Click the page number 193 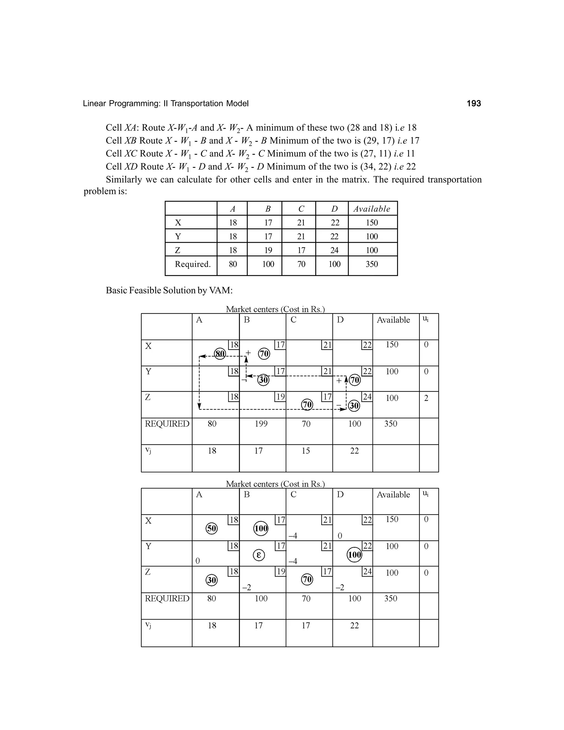pyautogui.click(x=473, y=104)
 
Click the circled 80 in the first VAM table pyautogui.click(x=219, y=354)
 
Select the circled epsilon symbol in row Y pyautogui.click(x=259, y=555)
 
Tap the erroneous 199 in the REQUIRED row pyautogui.click(x=261, y=424)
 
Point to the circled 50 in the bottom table pyautogui.click(x=211, y=528)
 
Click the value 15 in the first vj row pyautogui.click(x=306, y=451)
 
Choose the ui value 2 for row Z pyautogui.click(x=426, y=398)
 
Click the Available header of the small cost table pyautogui.click(x=372, y=209)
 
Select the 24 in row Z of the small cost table pyautogui.click(x=334, y=250)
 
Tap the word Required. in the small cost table pyautogui.click(x=193, y=264)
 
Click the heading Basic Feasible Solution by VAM pyautogui.click(x=169, y=290)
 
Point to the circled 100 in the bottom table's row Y pyautogui.click(x=354, y=555)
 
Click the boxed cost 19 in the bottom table pyautogui.click(x=281, y=572)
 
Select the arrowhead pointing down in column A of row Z pyautogui.click(x=199, y=407)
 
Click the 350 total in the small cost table pyautogui.click(x=372, y=264)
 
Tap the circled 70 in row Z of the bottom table pyautogui.click(x=307, y=579)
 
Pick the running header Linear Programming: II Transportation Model pyautogui.click(x=166, y=104)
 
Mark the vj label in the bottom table pyautogui.click(x=148, y=625)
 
